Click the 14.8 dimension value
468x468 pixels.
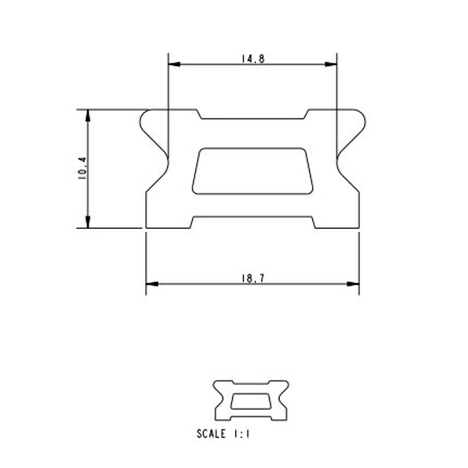[253, 59]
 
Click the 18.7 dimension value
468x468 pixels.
[253, 278]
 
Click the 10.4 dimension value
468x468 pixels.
[82, 168]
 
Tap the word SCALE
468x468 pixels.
[211, 434]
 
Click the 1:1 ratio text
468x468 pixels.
[241, 434]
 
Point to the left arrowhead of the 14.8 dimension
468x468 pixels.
[174, 64]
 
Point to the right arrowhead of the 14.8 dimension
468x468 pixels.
[331, 64]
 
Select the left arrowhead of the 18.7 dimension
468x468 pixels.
[152, 284]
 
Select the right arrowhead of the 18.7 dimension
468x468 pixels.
[353, 284]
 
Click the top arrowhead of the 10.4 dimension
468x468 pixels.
[88, 116]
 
